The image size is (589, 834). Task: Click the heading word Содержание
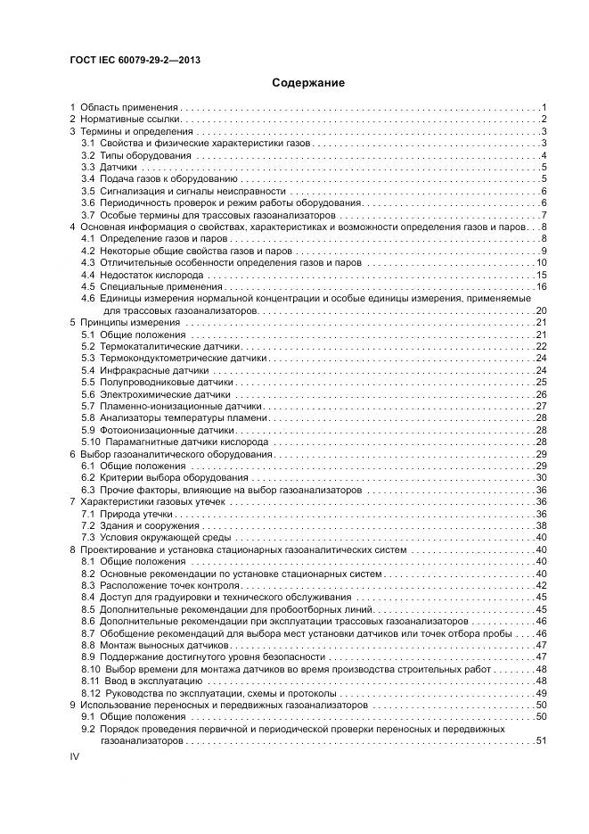pyautogui.click(x=308, y=82)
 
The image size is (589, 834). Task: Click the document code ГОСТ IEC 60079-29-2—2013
pyautogui.click(x=134, y=60)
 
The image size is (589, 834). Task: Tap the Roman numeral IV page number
pyautogui.click(x=75, y=756)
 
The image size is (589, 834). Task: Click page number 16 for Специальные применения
pyautogui.click(x=540, y=286)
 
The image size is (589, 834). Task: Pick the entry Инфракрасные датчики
pyautogui.click(x=143, y=370)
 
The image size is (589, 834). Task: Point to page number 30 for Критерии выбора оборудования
pyautogui.click(x=540, y=478)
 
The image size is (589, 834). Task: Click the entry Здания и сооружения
pyautogui.click(x=137, y=526)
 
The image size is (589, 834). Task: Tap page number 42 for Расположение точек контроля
pyautogui.click(x=540, y=585)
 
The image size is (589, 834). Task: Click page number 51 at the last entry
pyautogui.click(x=540, y=741)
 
